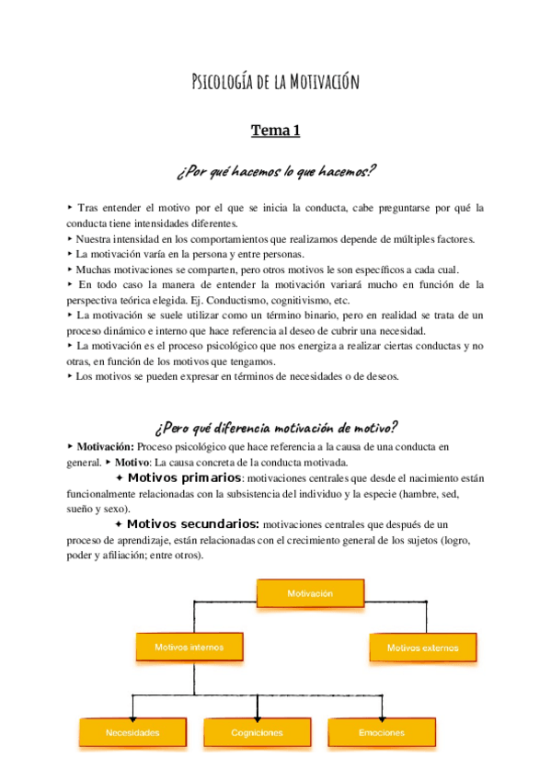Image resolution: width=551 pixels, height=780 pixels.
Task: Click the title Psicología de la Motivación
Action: click(x=275, y=82)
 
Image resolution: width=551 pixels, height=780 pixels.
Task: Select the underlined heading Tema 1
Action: click(x=276, y=132)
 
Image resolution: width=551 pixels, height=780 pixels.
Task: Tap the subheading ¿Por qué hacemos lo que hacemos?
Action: click(x=276, y=171)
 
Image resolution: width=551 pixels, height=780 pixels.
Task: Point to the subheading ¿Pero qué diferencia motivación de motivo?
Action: click(x=276, y=427)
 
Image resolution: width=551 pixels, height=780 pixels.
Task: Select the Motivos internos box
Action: click(x=189, y=647)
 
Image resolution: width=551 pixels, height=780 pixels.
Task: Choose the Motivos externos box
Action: click(x=422, y=648)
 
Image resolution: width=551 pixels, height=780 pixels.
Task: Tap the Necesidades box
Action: click(x=132, y=732)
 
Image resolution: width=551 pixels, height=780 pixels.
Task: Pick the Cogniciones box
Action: click(x=257, y=732)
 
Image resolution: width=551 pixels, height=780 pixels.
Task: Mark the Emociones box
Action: click(x=381, y=732)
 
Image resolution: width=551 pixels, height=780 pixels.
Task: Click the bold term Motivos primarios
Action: click(x=184, y=478)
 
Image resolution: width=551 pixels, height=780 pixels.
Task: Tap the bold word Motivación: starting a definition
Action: click(x=105, y=446)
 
